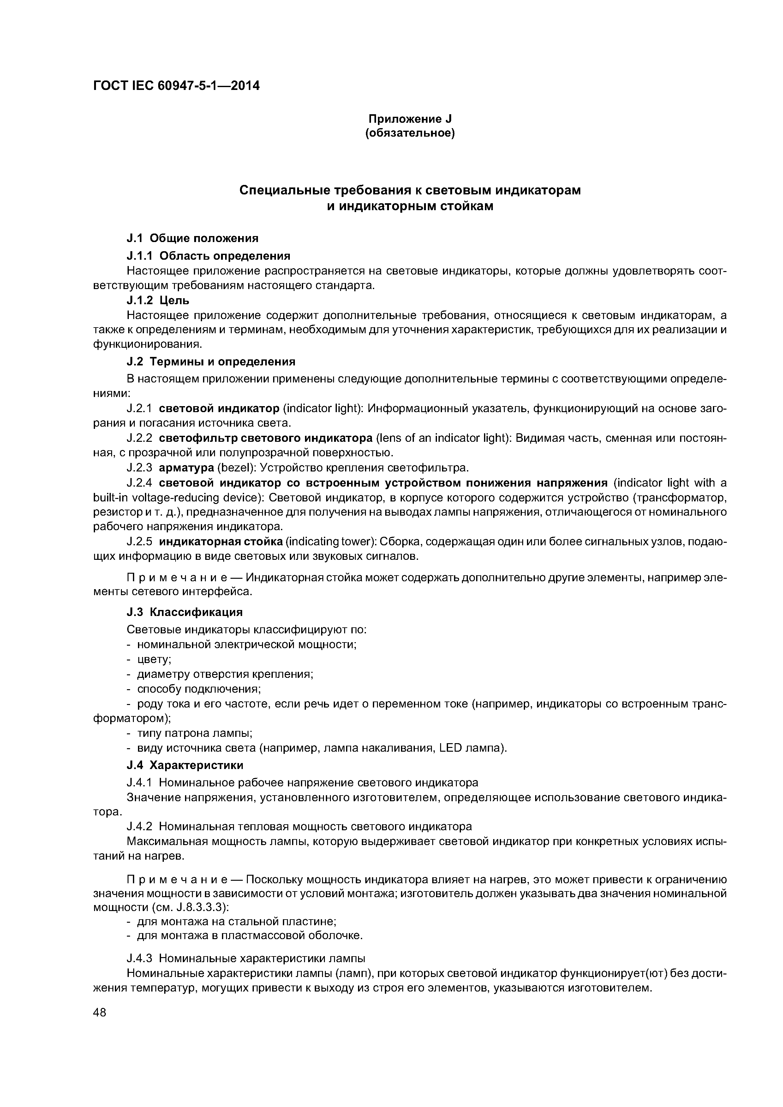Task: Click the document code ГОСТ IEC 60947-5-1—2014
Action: (176, 86)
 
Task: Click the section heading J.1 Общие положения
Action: (192, 238)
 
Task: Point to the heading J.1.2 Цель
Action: (158, 300)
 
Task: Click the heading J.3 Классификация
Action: (184, 612)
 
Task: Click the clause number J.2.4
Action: (140, 482)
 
